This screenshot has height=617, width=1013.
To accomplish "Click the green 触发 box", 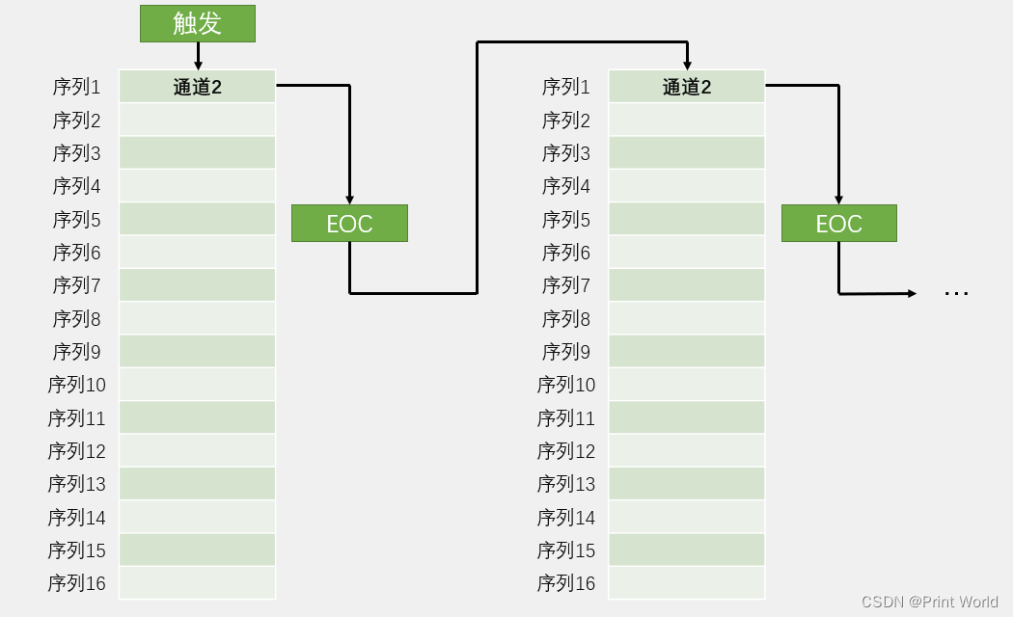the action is point(198,24).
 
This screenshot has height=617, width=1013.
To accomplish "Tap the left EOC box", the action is point(349,224).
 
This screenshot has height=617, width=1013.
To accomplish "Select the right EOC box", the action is point(839,224).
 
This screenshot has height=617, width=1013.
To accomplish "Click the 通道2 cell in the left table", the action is point(198,87).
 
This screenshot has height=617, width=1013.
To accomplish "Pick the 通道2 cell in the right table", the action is point(687,87).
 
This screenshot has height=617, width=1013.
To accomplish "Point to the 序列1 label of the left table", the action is point(77,87).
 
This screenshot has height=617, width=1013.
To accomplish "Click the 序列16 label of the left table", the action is point(77,583).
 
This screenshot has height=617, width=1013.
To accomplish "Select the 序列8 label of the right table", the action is point(566,319).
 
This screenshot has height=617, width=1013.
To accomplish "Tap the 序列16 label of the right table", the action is point(566,583).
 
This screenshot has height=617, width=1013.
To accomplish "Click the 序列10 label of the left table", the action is point(77,385).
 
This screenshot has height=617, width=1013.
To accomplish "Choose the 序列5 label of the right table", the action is point(566,220).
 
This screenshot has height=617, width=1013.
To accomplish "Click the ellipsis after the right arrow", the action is point(956,294).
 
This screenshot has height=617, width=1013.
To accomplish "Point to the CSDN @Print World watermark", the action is point(930,602).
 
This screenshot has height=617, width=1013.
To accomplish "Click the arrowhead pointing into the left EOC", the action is point(349,201).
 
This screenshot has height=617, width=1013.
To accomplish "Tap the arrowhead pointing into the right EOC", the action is point(838,201).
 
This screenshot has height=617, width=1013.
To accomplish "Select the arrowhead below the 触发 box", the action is point(198,66).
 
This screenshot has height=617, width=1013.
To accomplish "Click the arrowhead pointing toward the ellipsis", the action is point(913,294).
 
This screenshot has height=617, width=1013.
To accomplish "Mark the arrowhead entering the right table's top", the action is point(687,66).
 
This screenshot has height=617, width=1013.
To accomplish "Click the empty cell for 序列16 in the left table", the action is point(198,583).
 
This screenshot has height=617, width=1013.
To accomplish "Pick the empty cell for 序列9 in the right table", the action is point(687,351).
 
